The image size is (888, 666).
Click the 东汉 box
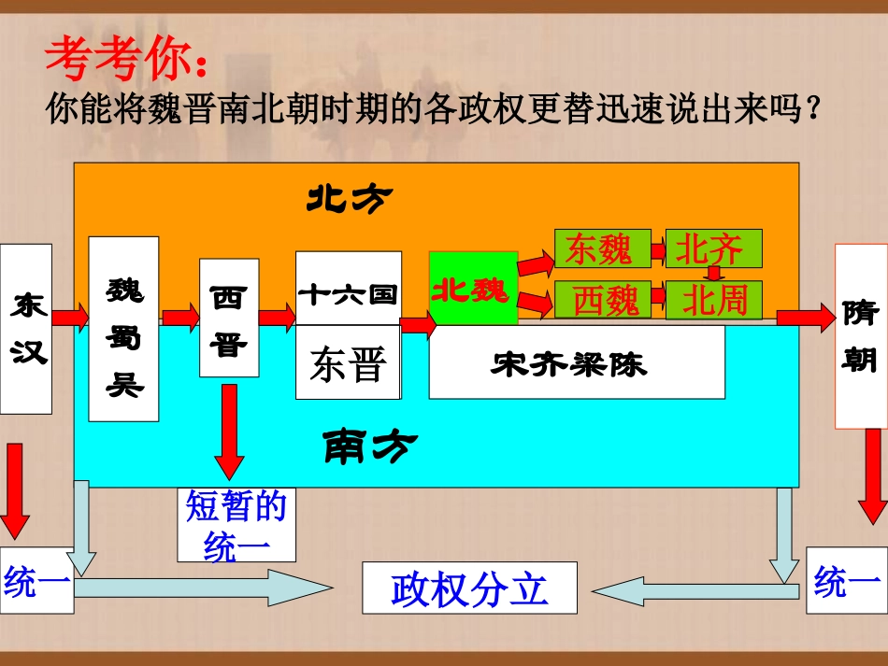[x=26, y=328]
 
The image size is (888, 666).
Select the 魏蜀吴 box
[x=123, y=328]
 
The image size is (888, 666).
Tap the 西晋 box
[x=229, y=318]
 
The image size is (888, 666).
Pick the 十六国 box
[x=349, y=289]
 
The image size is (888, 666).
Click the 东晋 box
[x=349, y=363]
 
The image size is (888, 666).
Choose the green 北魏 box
[x=473, y=289]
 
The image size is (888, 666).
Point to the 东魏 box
[x=599, y=248]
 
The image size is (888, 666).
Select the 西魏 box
[x=606, y=300]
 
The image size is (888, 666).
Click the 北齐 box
[x=713, y=248]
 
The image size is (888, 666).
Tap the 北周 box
[x=713, y=300]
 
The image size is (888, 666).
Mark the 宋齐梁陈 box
[x=577, y=362]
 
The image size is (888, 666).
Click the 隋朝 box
[x=860, y=335]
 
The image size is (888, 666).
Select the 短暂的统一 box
[x=236, y=525]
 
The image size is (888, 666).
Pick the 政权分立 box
[x=469, y=588]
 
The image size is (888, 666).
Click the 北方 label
[x=350, y=197]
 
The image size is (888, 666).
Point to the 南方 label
[x=370, y=446]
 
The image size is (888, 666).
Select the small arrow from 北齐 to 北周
[x=714, y=274]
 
